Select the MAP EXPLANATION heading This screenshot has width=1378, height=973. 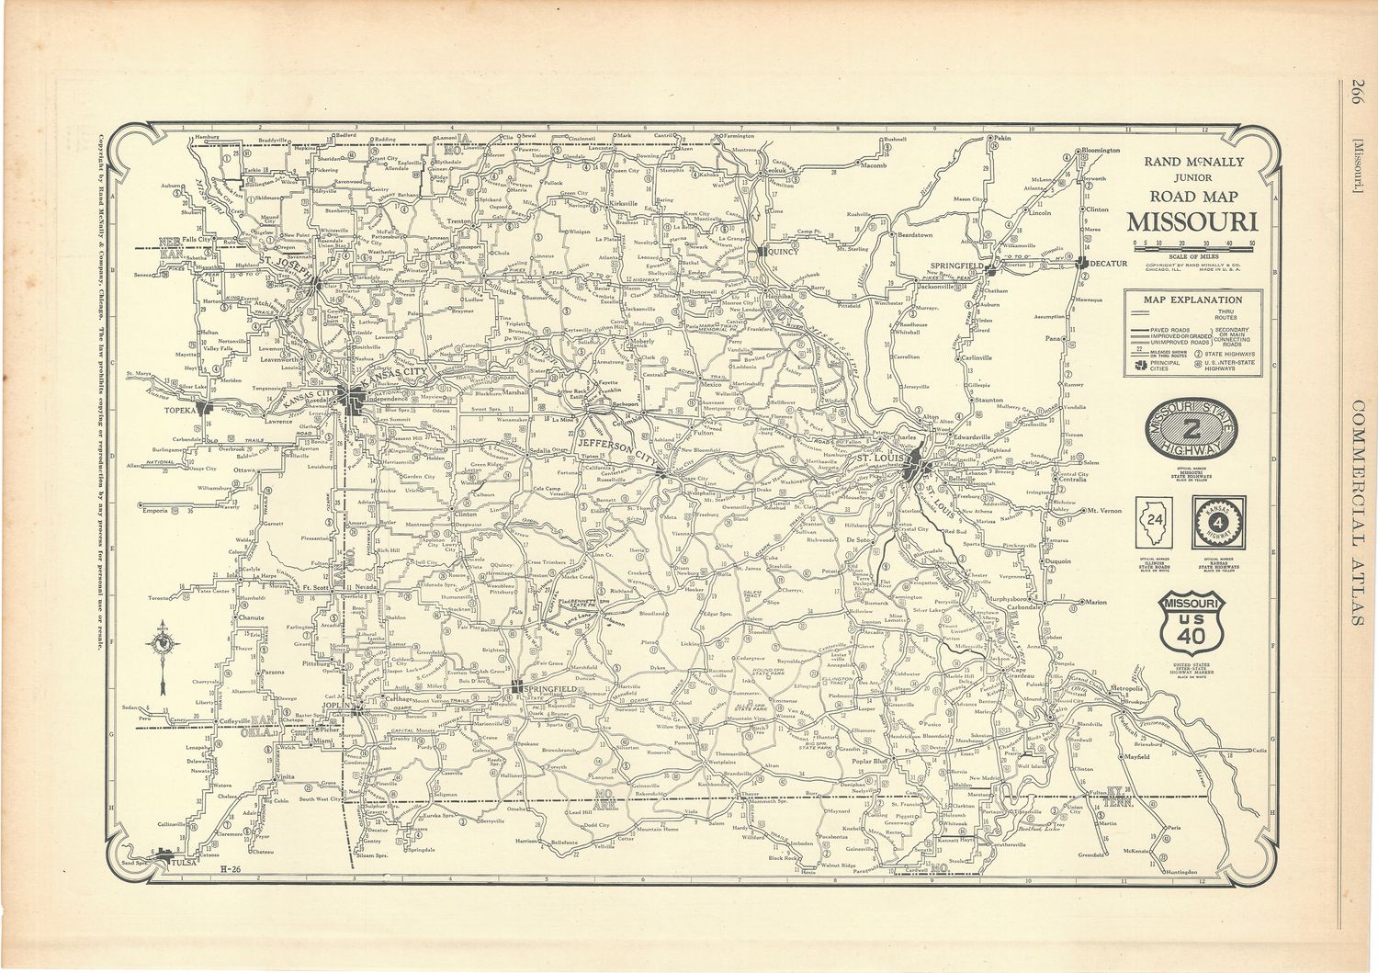coord(1192,300)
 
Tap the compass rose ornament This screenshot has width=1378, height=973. coord(164,643)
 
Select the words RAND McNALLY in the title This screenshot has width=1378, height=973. coord(1193,162)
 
